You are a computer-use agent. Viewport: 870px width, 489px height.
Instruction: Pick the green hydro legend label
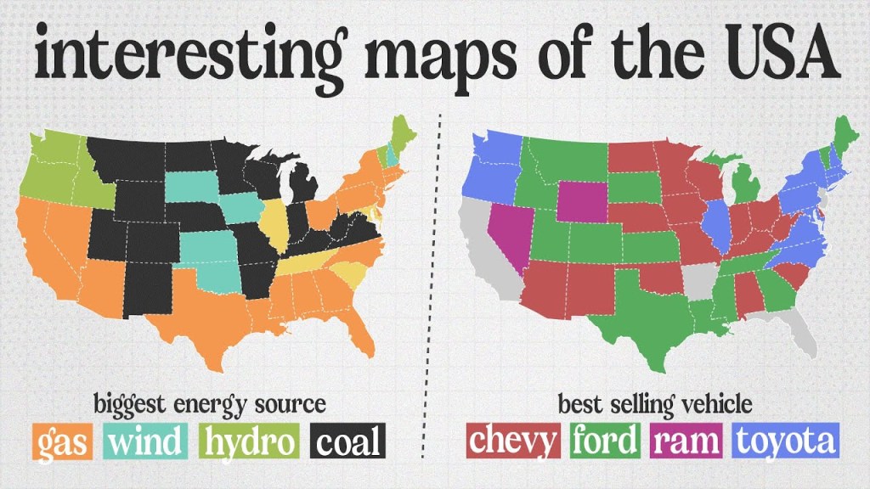click(x=250, y=441)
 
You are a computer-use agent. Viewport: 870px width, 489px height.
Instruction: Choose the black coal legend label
click(x=347, y=441)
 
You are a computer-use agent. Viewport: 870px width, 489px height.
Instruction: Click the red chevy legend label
click(x=514, y=441)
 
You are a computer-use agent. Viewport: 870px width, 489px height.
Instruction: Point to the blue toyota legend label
click(x=787, y=441)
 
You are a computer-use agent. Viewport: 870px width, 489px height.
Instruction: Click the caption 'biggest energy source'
click(x=210, y=402)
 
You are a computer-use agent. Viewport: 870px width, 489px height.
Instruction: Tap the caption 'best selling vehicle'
click(x=654, y=402)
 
